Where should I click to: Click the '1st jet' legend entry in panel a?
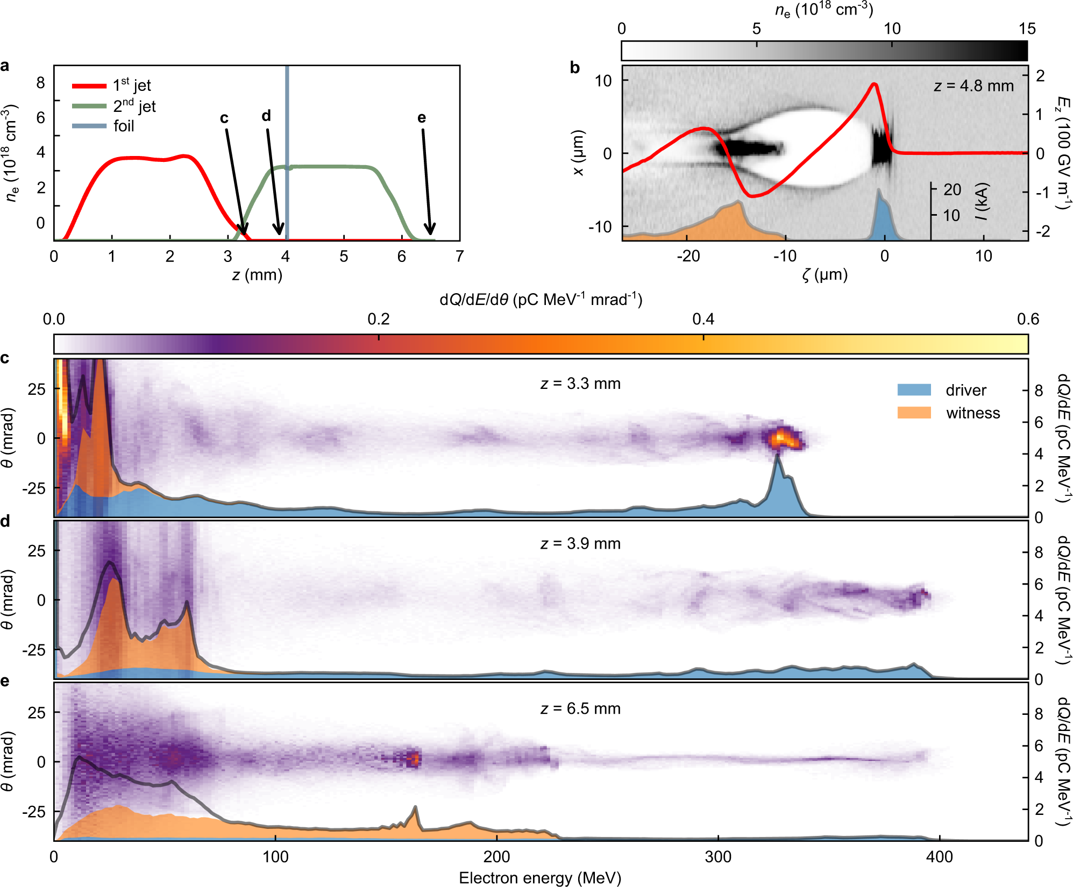coord(131,86)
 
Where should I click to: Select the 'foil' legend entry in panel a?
coord(123,126)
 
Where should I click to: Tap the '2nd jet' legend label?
coord(134,106)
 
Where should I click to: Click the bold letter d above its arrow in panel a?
coord(266,116)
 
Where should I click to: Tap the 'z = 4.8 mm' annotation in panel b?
coord(973,86)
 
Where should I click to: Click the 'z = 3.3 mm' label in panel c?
coord(580,384)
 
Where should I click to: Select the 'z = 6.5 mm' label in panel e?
coord(580,708)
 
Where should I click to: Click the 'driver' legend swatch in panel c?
coord(914,390)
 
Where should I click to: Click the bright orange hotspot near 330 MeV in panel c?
coord(783,437)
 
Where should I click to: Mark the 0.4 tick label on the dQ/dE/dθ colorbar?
coord(703,320)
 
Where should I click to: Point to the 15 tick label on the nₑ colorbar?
coord(1026,29)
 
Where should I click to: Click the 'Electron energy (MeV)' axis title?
coord(540,878)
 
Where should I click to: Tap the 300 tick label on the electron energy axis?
coord(718,856)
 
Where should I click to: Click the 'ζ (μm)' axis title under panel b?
coord(825,275)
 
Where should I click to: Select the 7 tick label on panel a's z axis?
coord(459,256)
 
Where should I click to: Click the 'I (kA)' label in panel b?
coord(982,202)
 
